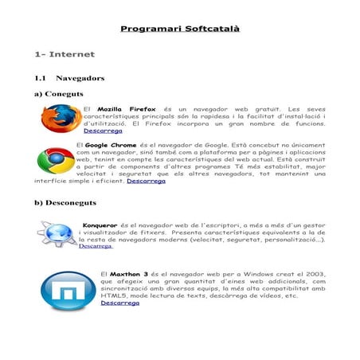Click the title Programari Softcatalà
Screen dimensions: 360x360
point(180,29)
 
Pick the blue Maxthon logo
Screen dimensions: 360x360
point(65,289)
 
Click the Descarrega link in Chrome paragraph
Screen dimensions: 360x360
point(146,181)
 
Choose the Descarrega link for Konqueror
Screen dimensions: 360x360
point(96,246)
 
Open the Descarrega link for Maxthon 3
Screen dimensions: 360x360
point(120,303)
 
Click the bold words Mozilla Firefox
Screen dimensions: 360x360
point(126,108)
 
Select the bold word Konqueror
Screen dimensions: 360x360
point(100,225)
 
